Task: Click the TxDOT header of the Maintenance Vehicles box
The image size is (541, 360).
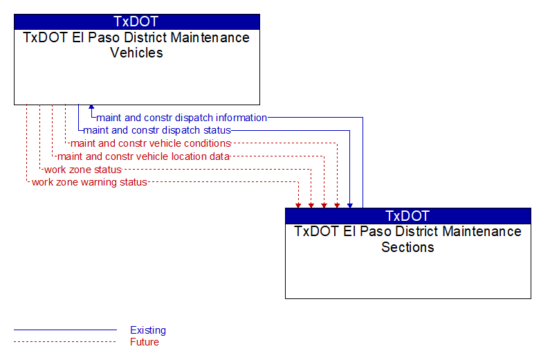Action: [136, 21]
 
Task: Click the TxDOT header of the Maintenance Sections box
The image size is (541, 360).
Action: [407, 216]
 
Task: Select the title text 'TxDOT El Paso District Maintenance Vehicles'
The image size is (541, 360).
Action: [136, 45]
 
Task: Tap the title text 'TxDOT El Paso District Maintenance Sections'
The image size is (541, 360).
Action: [407, 240]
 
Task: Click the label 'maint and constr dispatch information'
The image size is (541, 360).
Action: [181, 118]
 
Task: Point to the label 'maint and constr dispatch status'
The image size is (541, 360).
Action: [157, 130]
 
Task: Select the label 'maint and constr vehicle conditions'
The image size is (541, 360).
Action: [150, 143]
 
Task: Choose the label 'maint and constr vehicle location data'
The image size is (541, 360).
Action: [143, 156]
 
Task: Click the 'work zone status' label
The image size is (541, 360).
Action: [83, 170]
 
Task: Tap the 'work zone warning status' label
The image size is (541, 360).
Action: [89, 182]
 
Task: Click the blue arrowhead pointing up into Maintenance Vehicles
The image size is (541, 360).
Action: [91, 107]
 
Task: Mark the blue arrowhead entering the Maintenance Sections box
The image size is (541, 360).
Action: [350, 206]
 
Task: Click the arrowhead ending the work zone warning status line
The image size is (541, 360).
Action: [298, 206]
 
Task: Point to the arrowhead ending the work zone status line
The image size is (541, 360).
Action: [311, 206]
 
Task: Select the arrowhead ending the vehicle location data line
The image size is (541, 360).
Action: [324, 206]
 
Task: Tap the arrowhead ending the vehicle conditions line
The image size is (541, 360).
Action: [337, 206]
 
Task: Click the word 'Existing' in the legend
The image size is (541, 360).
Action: [148, 330]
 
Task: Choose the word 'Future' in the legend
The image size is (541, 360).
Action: [145, 342]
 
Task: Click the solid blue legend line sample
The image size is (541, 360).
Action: [65, 330]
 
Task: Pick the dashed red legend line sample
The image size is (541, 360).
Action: [65, 342]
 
